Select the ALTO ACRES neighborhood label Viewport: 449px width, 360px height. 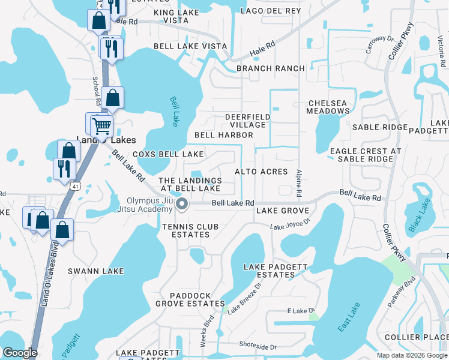pos(261,172)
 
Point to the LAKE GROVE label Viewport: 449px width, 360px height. pos(282,211)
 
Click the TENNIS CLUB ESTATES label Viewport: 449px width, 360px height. pos(185,230)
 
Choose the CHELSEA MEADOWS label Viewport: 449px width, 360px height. pos(327,107)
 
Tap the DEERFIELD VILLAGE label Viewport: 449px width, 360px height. pos(245,121)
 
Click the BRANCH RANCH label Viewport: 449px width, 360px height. pos(270,68)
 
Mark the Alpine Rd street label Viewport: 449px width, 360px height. pos(298,183)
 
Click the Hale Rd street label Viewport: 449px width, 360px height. pos(262,49)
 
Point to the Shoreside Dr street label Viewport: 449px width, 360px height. pos(258,347)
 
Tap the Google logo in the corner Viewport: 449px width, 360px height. pos(20,353)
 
